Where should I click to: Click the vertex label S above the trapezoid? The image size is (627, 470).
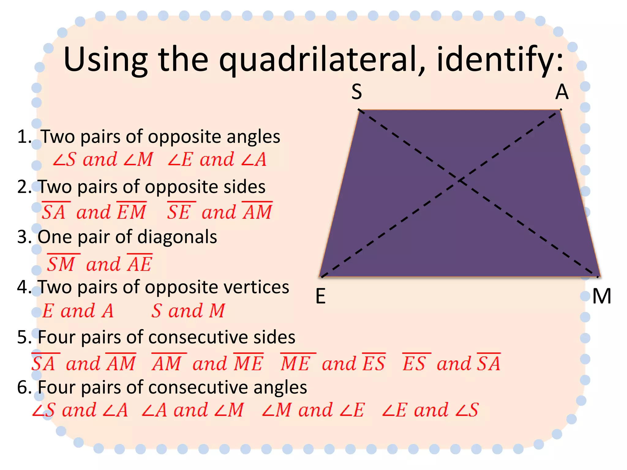357,91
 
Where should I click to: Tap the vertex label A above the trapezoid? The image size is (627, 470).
562,92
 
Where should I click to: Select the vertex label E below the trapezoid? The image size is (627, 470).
321,296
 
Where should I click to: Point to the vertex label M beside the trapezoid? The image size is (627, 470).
602,296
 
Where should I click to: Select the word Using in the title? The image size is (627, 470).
106,60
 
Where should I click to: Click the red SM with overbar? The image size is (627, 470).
62,264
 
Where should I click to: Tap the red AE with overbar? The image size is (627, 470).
140,264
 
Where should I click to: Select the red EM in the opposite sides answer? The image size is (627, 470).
132,212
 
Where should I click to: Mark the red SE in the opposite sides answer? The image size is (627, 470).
179,212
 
